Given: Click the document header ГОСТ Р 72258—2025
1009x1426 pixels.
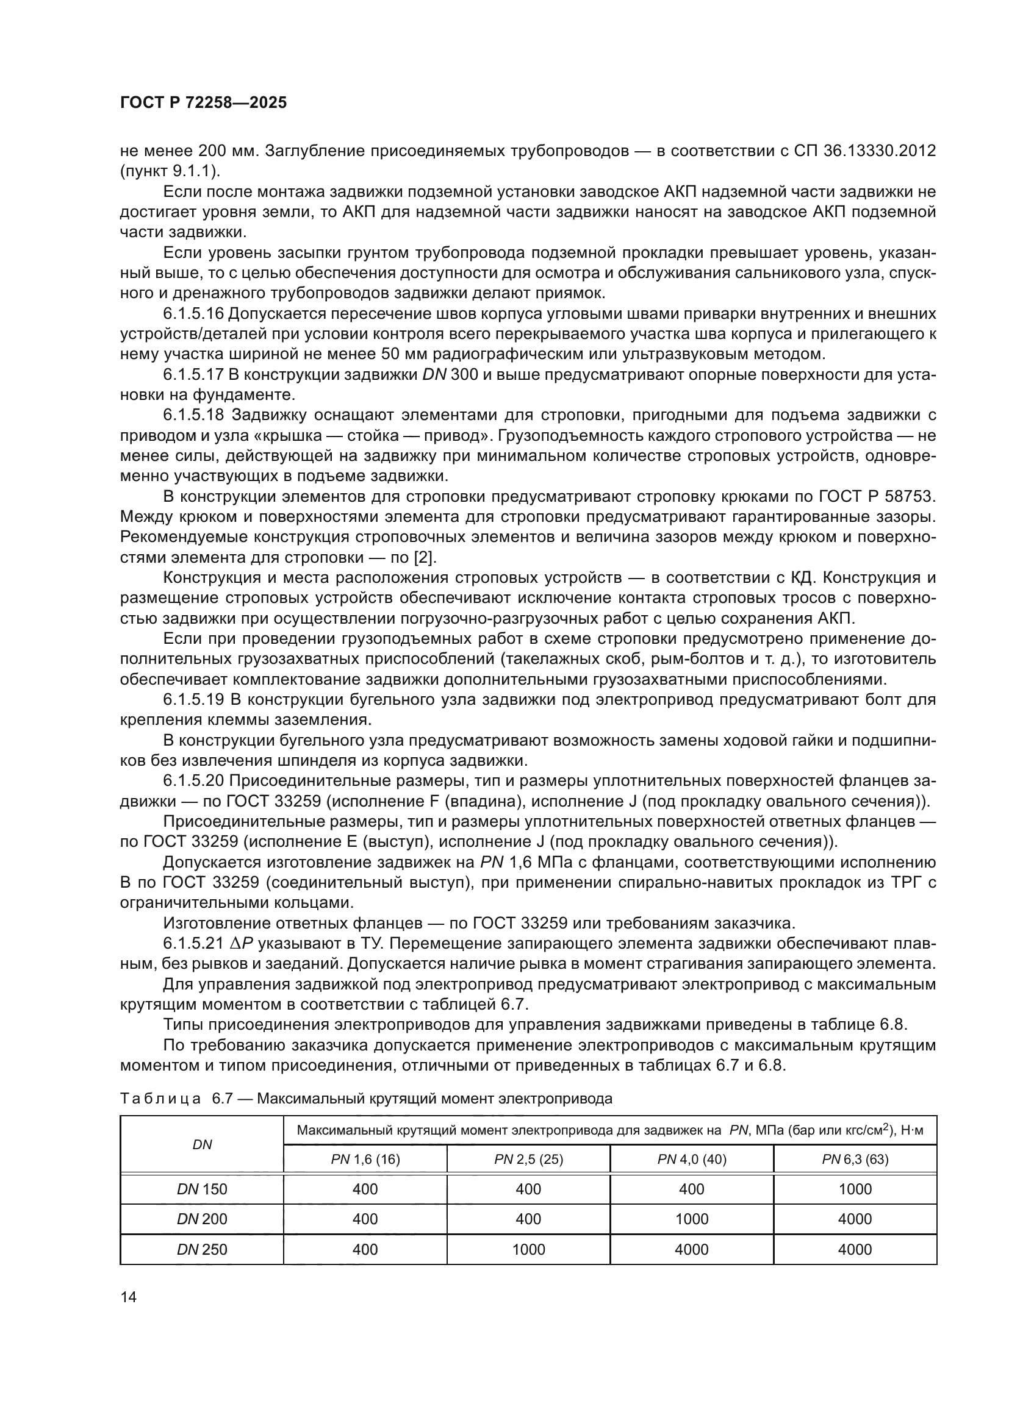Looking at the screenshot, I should pos(203,103).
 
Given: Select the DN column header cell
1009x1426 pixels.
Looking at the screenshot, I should pos(202,1145).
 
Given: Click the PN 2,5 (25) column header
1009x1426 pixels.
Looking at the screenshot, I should pos(528,1160).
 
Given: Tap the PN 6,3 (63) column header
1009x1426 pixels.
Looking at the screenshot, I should pos(855,1160).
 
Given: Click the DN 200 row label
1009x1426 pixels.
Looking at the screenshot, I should pos(202,1219).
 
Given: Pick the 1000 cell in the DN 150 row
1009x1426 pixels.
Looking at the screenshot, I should pos(855,1189).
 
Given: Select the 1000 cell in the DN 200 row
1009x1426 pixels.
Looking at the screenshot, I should pos(692,1219).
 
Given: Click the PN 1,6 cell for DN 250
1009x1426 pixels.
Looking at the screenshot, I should pos(365,1250).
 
